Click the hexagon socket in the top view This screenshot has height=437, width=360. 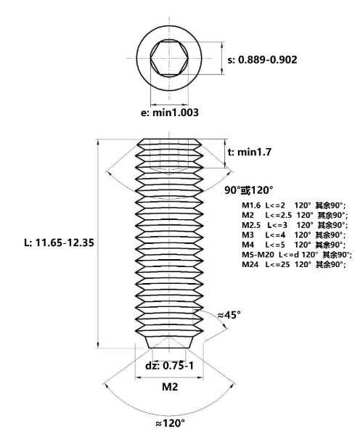click(169, 58)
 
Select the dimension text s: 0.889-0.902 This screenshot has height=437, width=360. click(262, 60)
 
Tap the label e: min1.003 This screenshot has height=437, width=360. click(170, 113)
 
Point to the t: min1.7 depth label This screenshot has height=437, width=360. click(250, 152)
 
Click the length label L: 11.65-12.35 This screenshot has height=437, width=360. click(59, 242)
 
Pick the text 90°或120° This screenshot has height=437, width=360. click(249, 190)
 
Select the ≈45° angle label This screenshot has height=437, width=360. click(229, 315)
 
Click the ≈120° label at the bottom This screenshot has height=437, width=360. click(170, 423)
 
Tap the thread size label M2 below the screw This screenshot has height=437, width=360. click(170, 387)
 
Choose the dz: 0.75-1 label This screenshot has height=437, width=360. click(169, 365)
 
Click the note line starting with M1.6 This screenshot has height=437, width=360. click(294, 205)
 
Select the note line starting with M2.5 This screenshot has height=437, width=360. click(295, 225)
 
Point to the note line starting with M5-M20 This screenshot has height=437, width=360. click(297, 255)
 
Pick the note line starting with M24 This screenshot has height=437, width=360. click(294, 264)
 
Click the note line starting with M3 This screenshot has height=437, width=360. click(294, 235)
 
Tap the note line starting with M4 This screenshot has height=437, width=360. click(294, 245)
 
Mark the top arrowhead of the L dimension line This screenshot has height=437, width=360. click(98, 142)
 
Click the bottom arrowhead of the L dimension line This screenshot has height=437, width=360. click(98, 345)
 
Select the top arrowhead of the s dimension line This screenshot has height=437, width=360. click(222, 45)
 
